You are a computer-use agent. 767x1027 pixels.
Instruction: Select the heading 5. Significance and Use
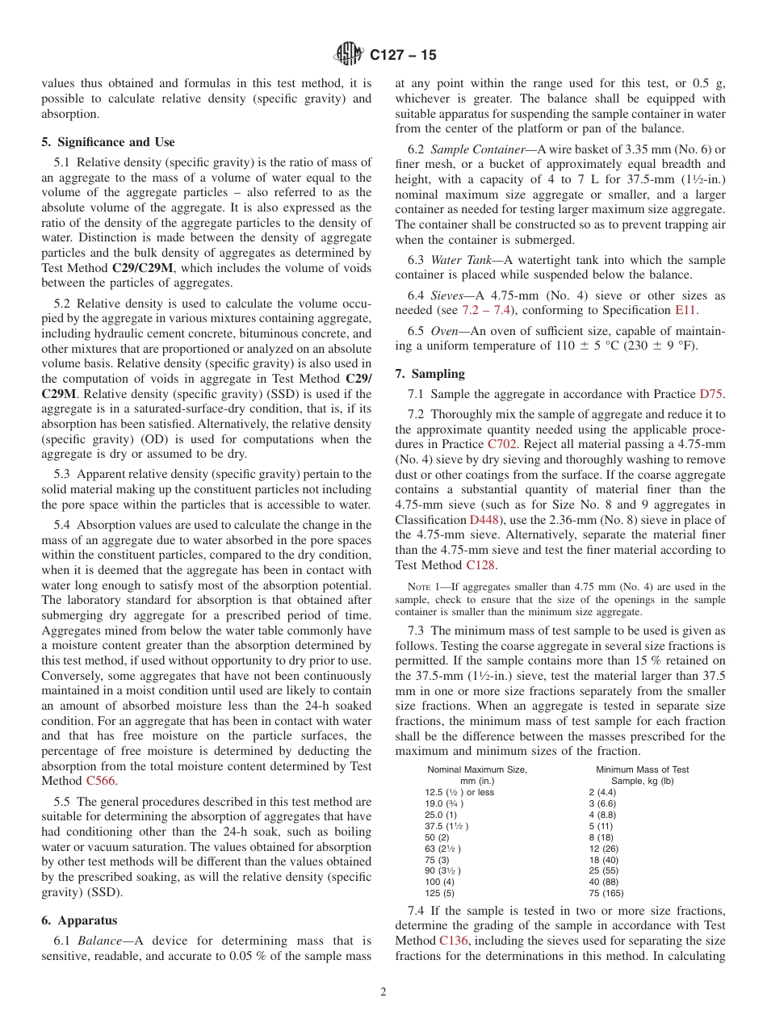(x=107, y=142)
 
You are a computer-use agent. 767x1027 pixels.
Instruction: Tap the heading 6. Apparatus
(x=78, y=920)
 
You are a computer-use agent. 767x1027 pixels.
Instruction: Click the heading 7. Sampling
(x=430, y=374)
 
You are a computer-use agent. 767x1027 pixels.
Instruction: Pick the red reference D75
(x=710, y=394)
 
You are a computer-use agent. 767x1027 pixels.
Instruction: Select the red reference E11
(x=685, y=310)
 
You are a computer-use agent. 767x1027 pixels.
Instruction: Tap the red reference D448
(x=484, y=520)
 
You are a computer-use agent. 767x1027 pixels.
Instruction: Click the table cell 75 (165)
(x=606, y=893)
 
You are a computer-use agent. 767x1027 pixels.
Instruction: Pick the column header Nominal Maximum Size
(x=477, y=769)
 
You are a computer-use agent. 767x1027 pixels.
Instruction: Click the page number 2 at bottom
(x=383, y=992)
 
